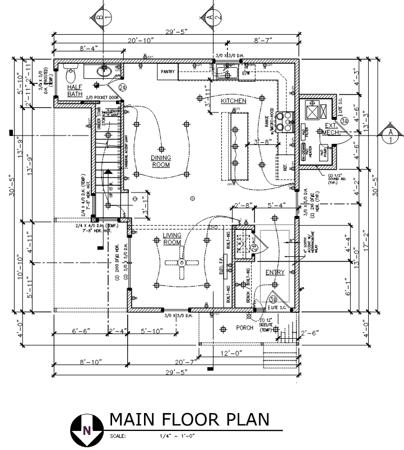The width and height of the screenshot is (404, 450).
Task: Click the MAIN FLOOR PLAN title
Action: (x=189, y=420)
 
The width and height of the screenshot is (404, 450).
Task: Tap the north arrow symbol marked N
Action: (x=86, y=430)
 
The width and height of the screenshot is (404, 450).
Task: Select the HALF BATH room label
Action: (x=75, y=91)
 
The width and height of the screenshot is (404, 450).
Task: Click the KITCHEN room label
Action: (x=233, y=101)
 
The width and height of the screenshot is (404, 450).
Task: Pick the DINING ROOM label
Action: (x=161, y=161)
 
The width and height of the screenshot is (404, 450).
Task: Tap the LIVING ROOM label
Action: (x=171, y=239)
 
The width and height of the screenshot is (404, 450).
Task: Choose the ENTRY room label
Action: (x=275, y=273)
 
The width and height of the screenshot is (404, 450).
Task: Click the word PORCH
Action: (x=245, y=327)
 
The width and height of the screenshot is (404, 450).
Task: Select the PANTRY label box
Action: (x=168, y=72)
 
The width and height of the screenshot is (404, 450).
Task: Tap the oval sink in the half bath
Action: (x=104, y=71)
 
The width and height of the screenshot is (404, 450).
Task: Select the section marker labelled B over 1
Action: (x=100, y=17)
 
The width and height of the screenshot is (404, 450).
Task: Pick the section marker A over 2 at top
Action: (x=211, y=17)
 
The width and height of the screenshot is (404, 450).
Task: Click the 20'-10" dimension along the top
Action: (x=140, y=40)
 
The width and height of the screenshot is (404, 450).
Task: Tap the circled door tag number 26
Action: (x=122, y=88)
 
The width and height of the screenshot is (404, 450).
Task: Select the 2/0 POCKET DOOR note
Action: (x=102, y=97)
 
